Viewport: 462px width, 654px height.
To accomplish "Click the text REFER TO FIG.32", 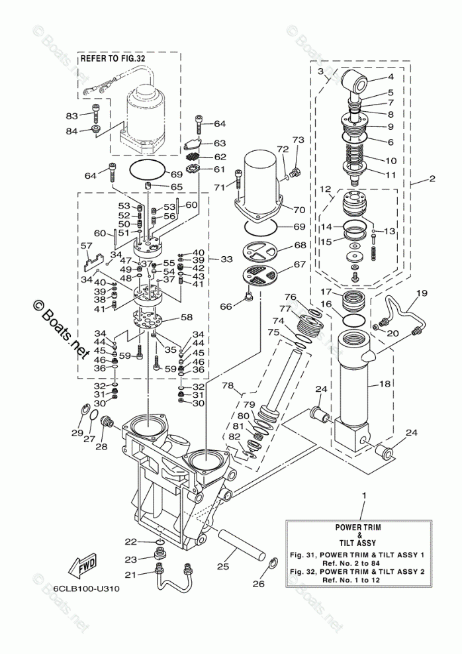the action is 113,58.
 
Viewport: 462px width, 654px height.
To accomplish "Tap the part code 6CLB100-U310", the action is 87,589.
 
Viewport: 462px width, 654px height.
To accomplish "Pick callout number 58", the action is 187,318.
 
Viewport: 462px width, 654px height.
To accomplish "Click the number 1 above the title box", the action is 364,496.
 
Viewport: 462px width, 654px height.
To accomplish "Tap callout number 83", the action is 72,116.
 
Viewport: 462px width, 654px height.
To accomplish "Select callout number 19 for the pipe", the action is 422,293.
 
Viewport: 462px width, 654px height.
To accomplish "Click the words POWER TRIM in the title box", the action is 359,527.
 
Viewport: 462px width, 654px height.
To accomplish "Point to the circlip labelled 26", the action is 273,565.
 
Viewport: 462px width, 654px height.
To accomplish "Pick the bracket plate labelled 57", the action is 93,260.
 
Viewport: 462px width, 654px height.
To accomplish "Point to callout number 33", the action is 226,259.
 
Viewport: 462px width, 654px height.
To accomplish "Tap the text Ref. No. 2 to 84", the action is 359,563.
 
